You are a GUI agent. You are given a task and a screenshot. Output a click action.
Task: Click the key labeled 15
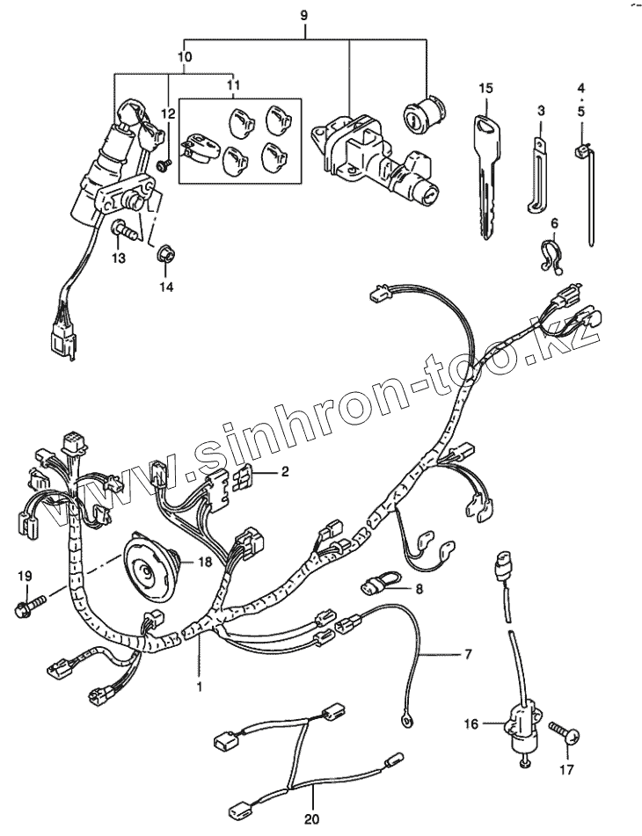tap(486, 167)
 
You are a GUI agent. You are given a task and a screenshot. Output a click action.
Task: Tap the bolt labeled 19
tap(31, 606)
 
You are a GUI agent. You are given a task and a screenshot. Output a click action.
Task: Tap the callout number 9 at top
tap(305, 15)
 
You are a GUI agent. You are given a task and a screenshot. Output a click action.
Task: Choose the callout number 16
tap(471, 723)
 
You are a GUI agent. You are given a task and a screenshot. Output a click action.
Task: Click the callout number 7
tap(468, 655)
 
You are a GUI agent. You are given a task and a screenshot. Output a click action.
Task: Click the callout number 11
tap(232, 85)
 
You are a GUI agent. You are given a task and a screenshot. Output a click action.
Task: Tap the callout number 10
tap(184, 57)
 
